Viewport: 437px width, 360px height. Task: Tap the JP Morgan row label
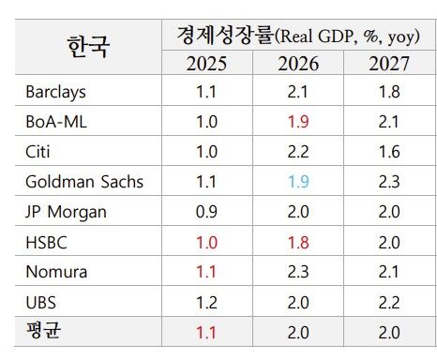(68, 211)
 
